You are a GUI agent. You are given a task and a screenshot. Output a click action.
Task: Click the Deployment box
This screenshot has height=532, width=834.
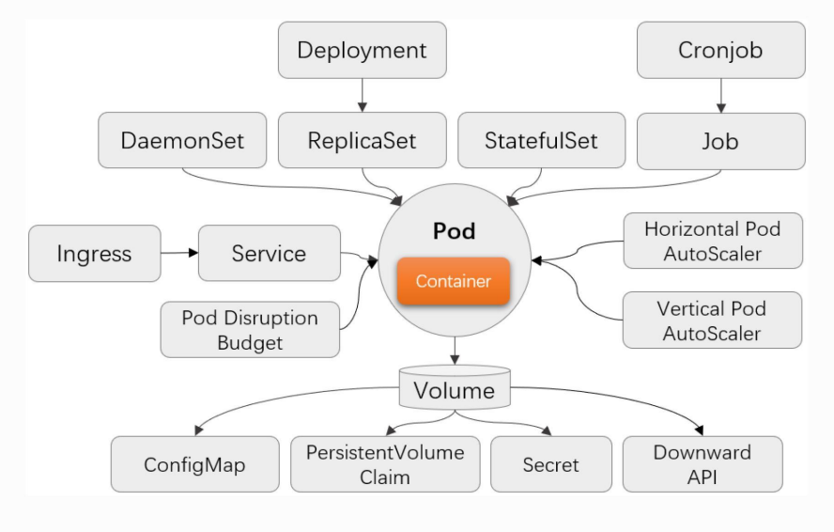click(x=362, y=50)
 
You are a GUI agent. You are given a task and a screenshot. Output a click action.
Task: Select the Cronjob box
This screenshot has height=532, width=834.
click(x=720, y=50)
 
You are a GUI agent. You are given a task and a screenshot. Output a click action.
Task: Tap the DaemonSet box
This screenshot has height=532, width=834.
click(x=182, y=141)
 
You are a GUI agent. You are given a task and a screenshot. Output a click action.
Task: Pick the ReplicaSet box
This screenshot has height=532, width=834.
click(x=362, y=141)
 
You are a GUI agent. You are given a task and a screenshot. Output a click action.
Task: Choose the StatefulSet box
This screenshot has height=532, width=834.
click(x=541, y=141)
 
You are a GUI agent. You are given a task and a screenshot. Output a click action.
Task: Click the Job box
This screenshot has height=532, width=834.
click(x=720, y=141)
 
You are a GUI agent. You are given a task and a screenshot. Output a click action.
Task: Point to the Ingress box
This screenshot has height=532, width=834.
click(x=94, y=253)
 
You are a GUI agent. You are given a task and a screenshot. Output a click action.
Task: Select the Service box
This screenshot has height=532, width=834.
click(x=269, y=253)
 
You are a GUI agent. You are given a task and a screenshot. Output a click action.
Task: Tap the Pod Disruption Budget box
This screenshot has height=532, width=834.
click(x=250, y=329)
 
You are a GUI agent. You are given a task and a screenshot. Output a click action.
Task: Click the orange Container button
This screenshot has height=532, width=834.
click(x=453, y=281)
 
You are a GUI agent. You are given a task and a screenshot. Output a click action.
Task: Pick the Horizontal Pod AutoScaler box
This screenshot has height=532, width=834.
click(x=712, y=241)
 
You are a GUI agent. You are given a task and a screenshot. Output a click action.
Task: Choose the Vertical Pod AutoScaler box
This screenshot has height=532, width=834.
click(x=712, y=321)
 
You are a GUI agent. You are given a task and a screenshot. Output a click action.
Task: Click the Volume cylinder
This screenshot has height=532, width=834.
click(x=455, y=389)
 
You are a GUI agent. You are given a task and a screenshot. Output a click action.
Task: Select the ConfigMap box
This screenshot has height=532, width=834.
click(x=194, y=464)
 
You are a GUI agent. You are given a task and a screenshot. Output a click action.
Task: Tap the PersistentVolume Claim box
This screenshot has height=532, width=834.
click(x=385, y=464)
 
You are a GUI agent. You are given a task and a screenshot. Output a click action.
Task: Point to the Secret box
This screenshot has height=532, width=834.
click(x=550, y=464)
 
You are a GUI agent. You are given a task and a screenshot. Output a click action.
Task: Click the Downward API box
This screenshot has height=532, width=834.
click(x=702, y=464)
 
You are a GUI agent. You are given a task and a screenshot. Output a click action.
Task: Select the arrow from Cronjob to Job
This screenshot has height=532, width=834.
click(x=720, y=95)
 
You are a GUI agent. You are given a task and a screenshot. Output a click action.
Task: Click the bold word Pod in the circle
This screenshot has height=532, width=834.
click(x=455, y=230)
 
